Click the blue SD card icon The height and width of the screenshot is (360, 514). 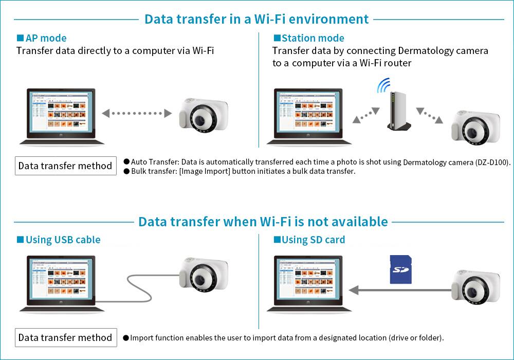tap(401, 269)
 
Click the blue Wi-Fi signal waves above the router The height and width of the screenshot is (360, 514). tap(384, 84)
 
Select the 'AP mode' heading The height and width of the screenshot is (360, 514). tap(42, 38)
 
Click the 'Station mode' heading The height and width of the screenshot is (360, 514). tap(309, 38)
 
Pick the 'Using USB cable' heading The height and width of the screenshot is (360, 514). tap(59, 240)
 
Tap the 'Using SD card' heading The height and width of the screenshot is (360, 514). tap(309, 240)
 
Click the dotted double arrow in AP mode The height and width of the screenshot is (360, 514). tap(136, 113)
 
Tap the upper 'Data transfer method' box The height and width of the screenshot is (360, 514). tap(65, 166)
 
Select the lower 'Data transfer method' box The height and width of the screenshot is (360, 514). tap(65, 337)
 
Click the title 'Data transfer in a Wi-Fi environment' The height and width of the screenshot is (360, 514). tap(256, 19)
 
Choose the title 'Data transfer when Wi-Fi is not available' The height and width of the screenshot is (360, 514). tap(263, 222)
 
